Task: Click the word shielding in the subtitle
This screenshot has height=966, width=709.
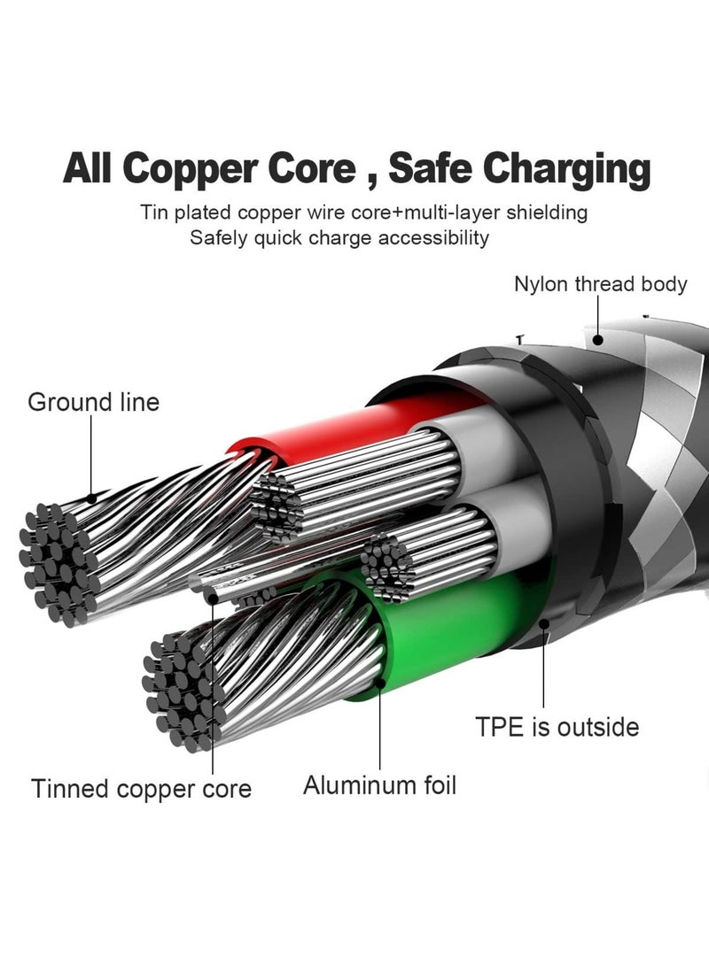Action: click(x=547, y=213)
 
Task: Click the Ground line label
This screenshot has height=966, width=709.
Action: click(x=94, y=402)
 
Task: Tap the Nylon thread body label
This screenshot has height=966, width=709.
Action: click(x=601, y=284)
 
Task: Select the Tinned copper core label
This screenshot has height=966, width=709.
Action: click(x=141, y=789)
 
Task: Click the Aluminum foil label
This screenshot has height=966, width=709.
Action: click(x=380, y=786)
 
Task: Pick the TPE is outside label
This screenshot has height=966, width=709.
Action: click(x=557, y=728)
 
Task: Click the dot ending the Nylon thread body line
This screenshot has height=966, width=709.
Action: click(x=596, y=339)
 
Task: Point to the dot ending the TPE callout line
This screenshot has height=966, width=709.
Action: click(x=543, y=624)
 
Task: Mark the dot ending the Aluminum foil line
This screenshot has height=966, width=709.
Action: click(x=380, y=683)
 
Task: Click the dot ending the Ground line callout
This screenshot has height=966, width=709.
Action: click(x=91, y=498)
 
